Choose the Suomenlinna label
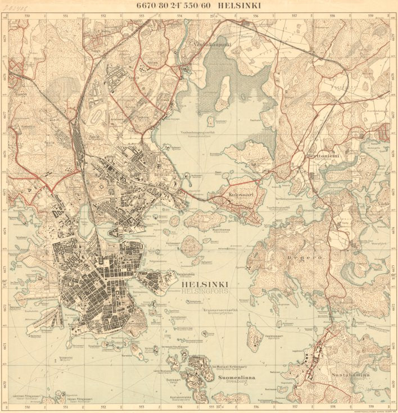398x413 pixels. click(x=236, y=378)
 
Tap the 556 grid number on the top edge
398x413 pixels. click(x=256, y=16)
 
